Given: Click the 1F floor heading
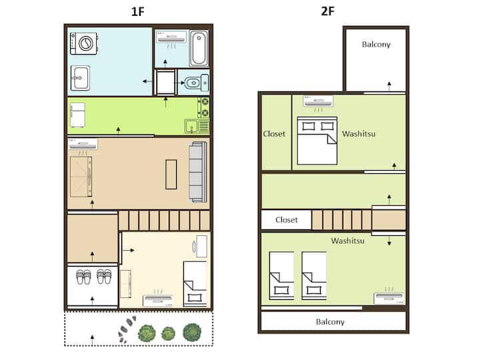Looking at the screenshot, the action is click(137, 11).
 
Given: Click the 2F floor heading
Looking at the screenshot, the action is click(327, 11).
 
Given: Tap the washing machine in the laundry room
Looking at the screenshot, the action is click(84, 43).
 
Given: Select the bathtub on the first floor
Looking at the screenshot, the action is click(199, 49).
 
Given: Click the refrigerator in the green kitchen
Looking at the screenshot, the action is click(77, 115).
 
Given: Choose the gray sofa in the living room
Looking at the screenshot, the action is click(198, 172).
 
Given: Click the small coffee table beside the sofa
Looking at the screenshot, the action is click(171, 174).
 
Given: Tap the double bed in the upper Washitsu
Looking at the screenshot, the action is click(317, 141).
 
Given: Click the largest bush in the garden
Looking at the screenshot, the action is click(192, 332).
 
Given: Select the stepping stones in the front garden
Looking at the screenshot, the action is click(126, 329).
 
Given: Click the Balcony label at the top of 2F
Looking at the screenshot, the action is click(376, 45).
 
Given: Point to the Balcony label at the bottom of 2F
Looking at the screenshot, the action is click(330, 322).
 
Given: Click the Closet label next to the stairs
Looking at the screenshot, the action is click(287, 220).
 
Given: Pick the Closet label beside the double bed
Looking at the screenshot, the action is click(274, 134).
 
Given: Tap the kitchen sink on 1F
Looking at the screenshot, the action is click(191, 126).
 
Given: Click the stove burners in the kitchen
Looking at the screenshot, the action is click(204, 107).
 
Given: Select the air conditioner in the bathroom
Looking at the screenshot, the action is click(171, 37).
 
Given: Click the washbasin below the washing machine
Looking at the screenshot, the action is click(80, 78).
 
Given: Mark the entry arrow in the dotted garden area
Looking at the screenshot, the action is click(93, 339).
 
